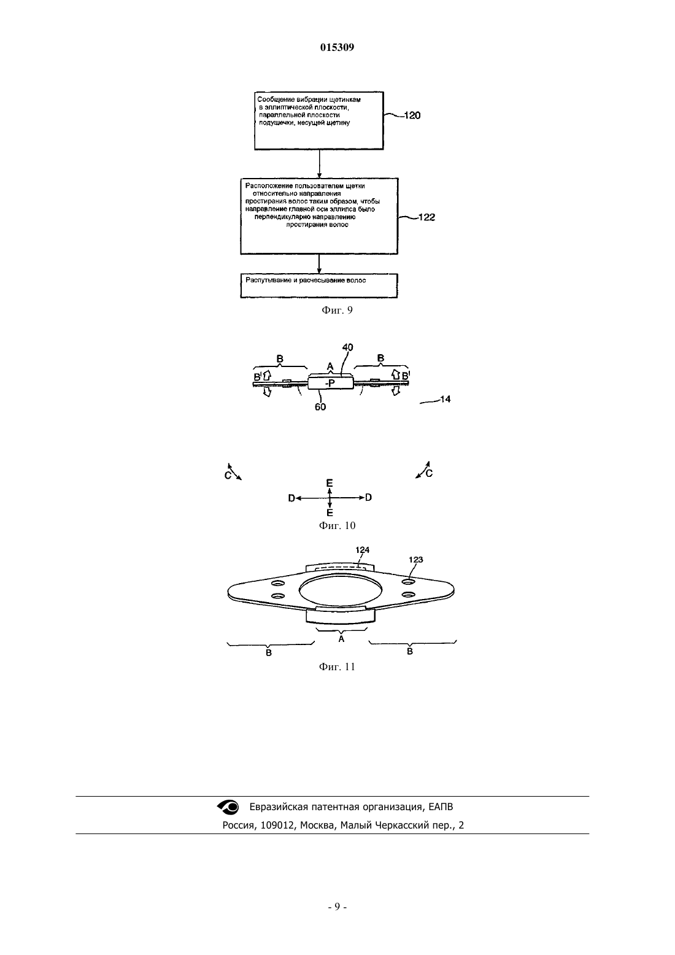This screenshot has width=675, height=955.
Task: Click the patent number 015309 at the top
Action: (x=337, y=47)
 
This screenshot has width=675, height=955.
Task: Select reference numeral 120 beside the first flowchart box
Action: (x=412, y=115)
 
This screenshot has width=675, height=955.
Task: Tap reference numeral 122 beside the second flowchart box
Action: (x=426, y=217)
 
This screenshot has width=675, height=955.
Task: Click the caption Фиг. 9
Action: (x=337, y=310)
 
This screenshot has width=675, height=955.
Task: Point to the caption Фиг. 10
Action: (x=337, y=525)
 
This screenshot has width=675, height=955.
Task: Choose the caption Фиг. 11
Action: (x=337, y=667)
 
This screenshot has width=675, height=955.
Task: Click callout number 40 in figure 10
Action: (x=348, y=347)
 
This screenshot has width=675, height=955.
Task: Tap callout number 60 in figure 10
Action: (x=320, y=407)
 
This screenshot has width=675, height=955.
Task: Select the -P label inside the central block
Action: (x=330, y=383)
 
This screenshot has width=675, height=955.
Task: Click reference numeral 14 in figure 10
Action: (x=445, y=399)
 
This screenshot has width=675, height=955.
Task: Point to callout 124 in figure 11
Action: (x=362, y=550)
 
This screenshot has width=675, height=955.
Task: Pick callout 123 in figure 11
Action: (x=415, y=559)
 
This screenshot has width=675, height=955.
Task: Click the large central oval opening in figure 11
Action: (x=341, y=590)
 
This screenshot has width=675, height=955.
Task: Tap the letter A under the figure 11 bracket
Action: (x=341, y=639)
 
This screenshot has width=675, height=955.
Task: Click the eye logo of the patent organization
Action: (x=228, y=806)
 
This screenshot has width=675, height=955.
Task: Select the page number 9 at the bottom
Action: (x=337, y=907)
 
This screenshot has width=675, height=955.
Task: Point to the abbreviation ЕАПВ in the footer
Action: (x=441, y=806)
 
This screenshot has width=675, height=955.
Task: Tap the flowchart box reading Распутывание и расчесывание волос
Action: (x=319, y=285)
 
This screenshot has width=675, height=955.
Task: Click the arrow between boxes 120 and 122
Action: (x=319, y=164)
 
